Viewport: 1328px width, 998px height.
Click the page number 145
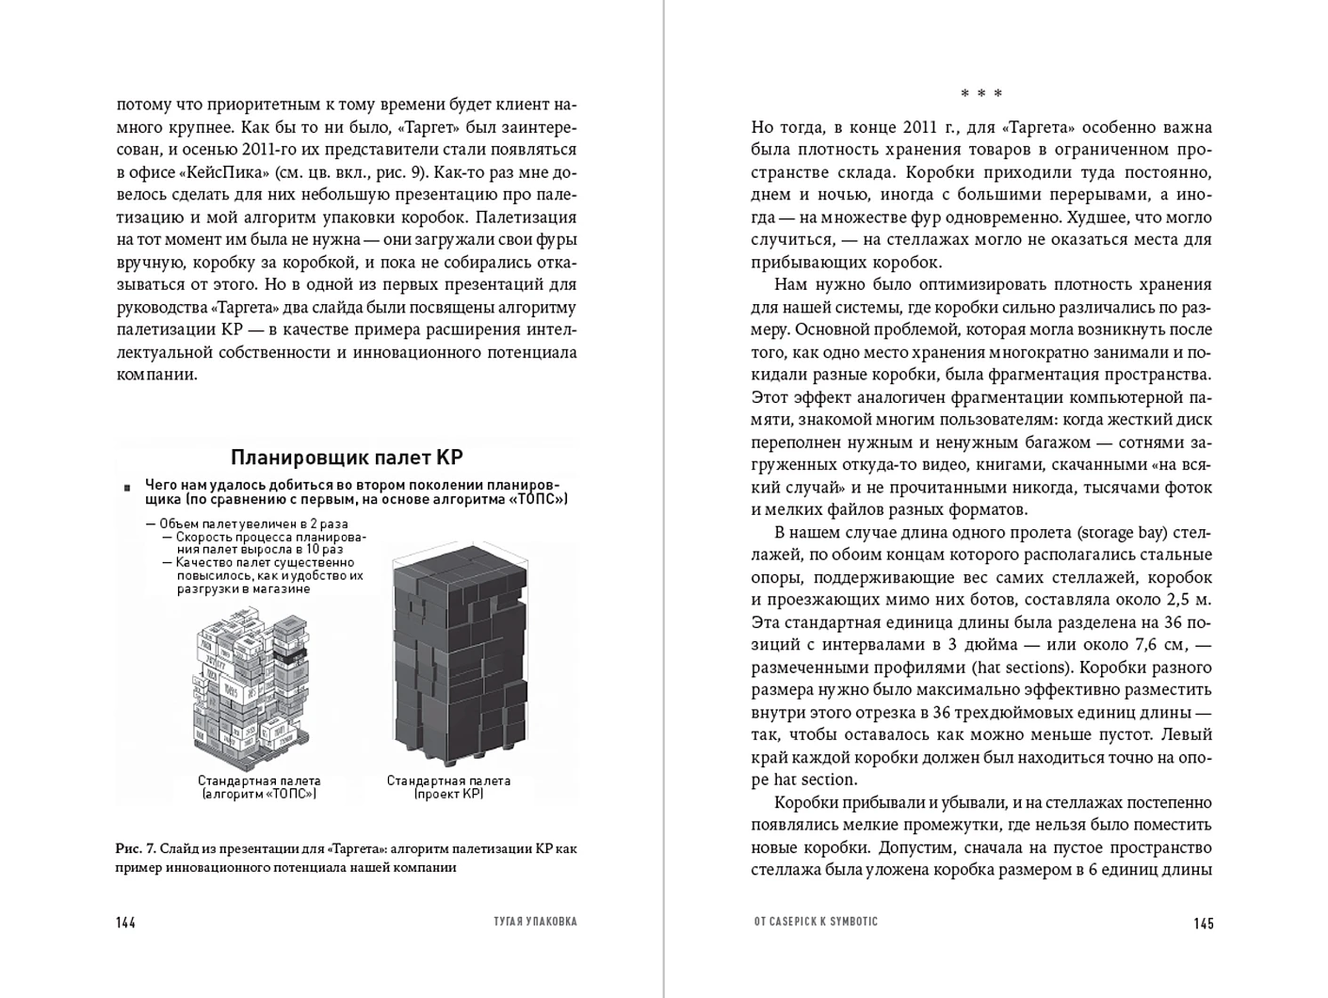(1203, 923)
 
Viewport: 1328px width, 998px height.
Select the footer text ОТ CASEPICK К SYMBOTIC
(815, 922)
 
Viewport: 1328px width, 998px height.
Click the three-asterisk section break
(981, 94)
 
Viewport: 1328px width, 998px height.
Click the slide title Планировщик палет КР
(347, 459)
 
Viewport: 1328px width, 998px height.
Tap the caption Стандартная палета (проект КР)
(448, 787)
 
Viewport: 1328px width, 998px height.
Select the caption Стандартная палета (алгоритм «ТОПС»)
(259, 787)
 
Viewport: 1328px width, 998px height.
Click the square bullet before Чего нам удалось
(126, 488)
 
